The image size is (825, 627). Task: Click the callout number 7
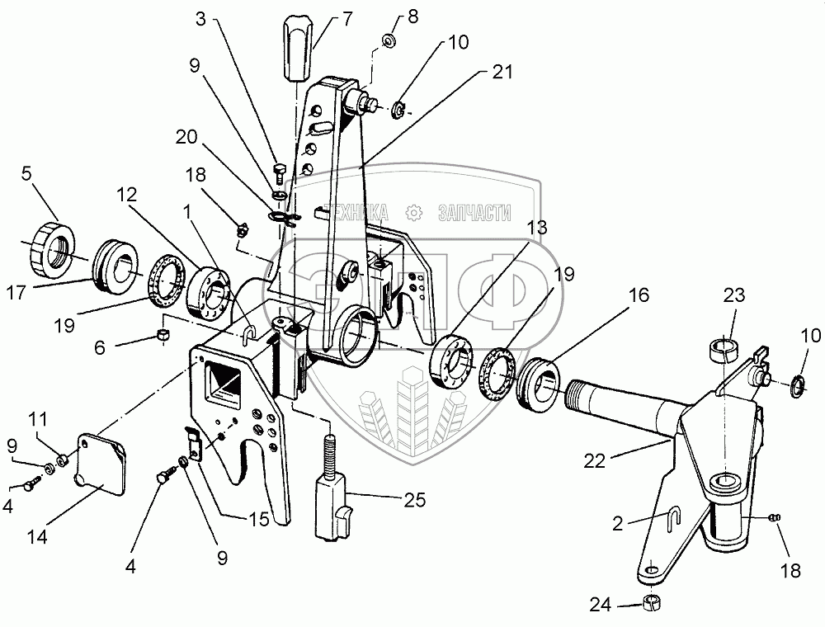coord(324,17)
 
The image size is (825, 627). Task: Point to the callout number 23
coord(734,295)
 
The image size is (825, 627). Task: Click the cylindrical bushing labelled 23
coord(724,348)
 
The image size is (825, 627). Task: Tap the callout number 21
coord(502,73)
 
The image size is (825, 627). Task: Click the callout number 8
coord(412,16)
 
